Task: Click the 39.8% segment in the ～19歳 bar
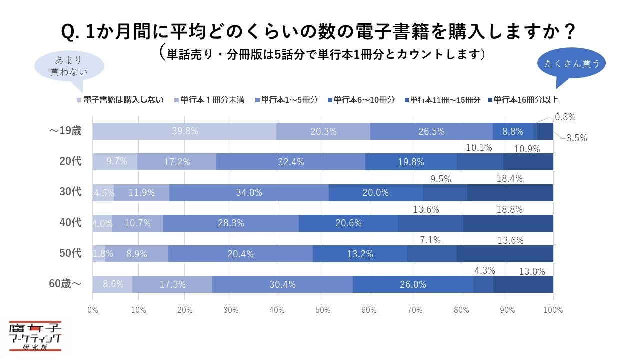point(184,131)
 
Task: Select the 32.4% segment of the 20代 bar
point(291,162)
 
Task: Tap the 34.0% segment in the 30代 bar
point(249,193)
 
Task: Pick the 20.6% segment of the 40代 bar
point(348,223)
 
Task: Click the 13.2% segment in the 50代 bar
point(360,254)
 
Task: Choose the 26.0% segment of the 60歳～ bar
point(413,284)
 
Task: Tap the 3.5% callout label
point(576,138)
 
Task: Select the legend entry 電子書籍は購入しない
point(120,100)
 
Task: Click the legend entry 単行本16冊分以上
point(526,100)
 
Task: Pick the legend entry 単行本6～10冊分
point(361,100)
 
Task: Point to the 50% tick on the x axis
point(323,310)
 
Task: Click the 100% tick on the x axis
point(553,310)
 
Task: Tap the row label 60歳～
point(65,284)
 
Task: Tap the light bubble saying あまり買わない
point(69,66)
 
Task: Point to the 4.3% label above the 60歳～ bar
point(484,271)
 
